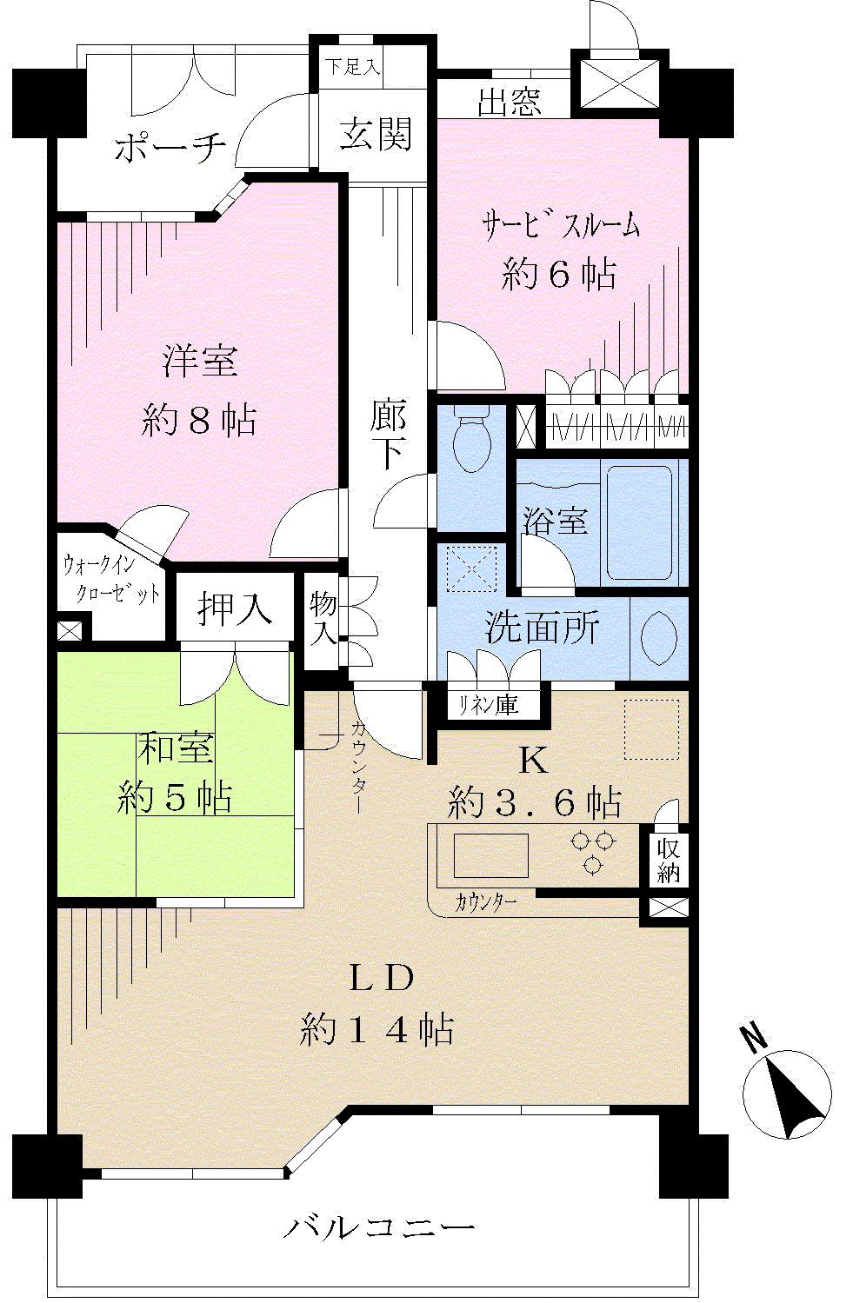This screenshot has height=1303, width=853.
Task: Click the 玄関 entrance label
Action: (x=375, y=135)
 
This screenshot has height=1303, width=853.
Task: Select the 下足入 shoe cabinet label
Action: (x=352, y=68)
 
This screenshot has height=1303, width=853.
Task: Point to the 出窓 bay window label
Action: (x=510, y=103)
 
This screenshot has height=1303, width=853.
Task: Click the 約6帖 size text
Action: (x=558, y=275)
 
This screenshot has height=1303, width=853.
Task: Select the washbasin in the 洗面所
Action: (x=658, y=638)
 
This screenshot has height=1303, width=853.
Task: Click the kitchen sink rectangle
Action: (x=490, y=855)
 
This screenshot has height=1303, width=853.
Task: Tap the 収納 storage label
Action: (x=669, y=861)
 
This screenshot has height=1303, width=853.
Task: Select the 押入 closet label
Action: (x=235, y=608)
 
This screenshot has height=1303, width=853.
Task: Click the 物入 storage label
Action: (x=323, y=616)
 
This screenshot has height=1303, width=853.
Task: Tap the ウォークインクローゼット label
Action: (x=111, y=580)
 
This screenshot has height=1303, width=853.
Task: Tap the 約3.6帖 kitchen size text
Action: (x=534, y=801)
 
